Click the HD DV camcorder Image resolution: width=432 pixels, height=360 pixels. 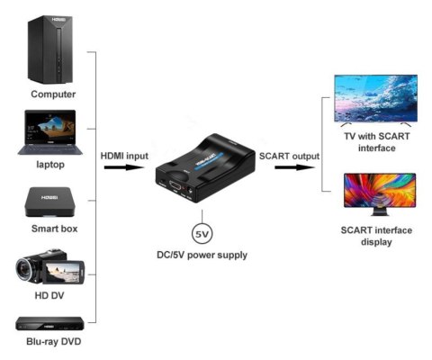50,269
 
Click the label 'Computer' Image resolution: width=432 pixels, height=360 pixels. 53,94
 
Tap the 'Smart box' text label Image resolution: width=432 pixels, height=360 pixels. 53,229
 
